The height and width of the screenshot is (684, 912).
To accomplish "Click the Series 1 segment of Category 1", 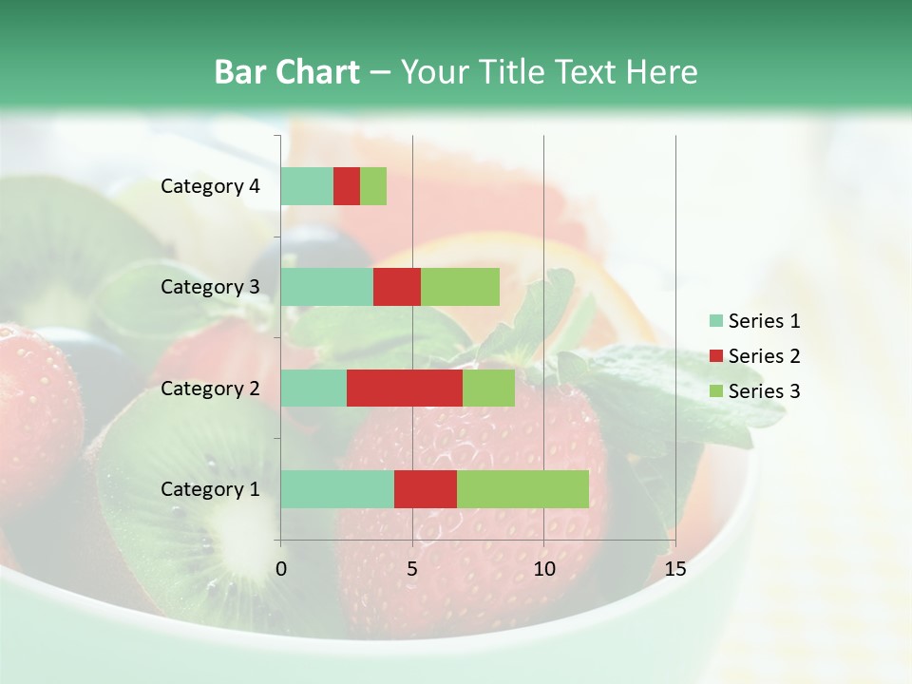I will pyautogui.click(x=337, y=488).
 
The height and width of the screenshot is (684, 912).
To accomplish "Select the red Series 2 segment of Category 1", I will pyautogui.click(x=426, y=488).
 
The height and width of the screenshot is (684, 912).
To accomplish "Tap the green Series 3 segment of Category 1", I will pyautogui.click(x=522, y=488).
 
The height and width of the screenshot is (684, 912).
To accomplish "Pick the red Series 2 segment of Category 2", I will pyautogui.click(x=405, y=388).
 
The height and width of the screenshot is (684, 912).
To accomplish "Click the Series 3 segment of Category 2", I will pyautogui.click(x=488, y=388).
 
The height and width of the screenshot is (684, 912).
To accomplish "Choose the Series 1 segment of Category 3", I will pyautogui.click(x=327, y=287).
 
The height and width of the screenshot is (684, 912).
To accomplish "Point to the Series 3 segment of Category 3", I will pyautogui.click(x=460, y=287).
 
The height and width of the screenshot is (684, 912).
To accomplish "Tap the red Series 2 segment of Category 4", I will pyautogui.click(x=347, y=186).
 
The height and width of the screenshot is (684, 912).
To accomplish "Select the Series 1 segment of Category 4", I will pyautogui.click(x=307, y=186).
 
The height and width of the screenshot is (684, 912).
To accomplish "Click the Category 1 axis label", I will pyautogui.click(x=210, y=489).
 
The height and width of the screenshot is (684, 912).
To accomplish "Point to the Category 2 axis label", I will pyautogui.click(x=210, y=389).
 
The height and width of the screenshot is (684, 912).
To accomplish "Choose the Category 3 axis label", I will pyautogui.click(x=210, y=287).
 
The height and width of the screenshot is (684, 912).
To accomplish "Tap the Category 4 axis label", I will pyautogui.click(x=210, y=186).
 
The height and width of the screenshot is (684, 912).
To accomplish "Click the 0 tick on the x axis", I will pyautogui.click(x=281, y=569).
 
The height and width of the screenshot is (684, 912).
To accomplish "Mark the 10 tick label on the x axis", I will pyautogui.click(x=543, y=569).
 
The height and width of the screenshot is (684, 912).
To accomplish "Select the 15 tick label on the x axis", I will pyautogui.click(x=674, y=569).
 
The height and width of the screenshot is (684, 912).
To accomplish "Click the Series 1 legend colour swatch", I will pyautogui.click(x=715, y=321).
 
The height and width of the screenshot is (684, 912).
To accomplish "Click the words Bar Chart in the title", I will pyautogui.click(x=287, y=72).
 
